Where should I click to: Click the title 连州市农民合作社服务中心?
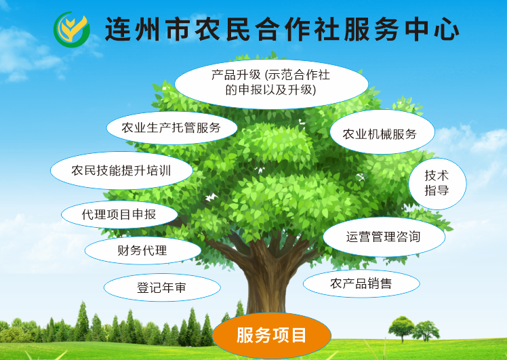(282, 29)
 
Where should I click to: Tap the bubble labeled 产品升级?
(271, 82)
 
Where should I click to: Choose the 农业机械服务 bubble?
(379, 134)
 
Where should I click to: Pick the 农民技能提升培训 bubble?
(121, 170)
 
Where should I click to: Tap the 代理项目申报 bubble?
(119, 215)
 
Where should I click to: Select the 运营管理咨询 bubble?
(384, 237)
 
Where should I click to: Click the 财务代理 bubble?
(142, 250)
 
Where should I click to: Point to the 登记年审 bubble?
(161, 288)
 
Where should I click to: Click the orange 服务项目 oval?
(272, 335)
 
